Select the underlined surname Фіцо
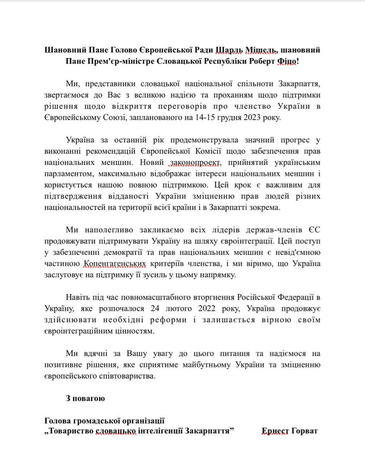[286, 61]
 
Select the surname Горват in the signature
[306, 431]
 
